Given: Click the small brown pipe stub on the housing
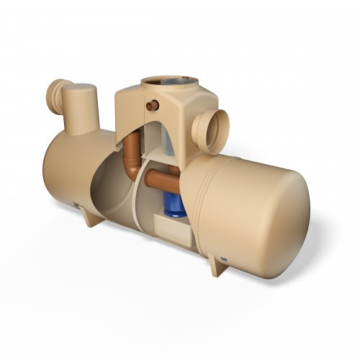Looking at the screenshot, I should (151, 106).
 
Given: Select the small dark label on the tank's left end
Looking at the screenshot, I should (74, 206).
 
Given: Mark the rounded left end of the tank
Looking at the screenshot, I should (54, 169).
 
